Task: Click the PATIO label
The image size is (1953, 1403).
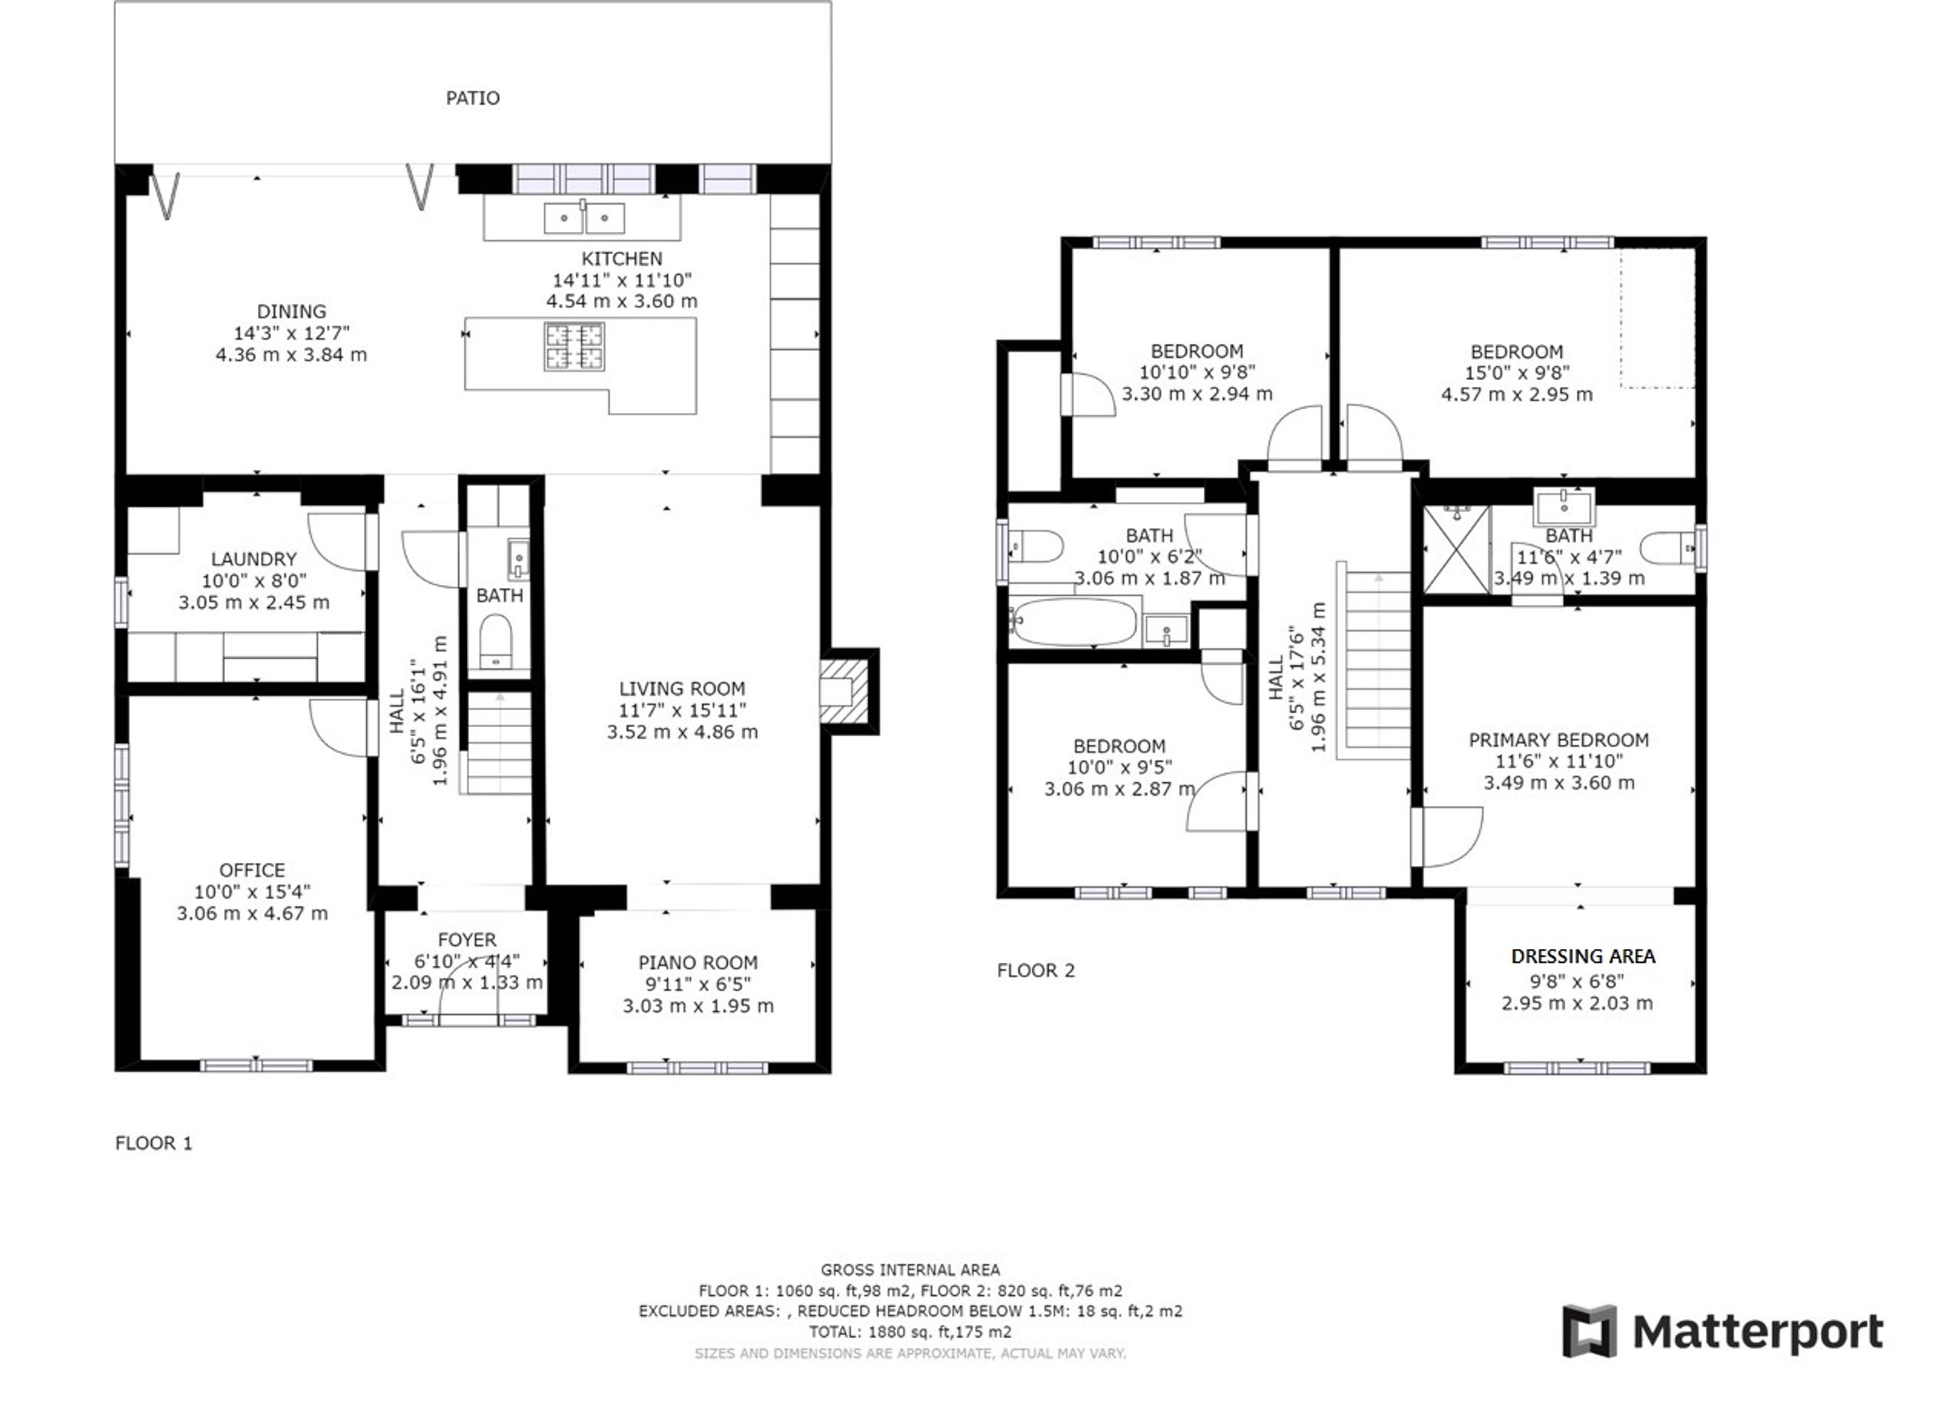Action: pyautogui.click(x=473, y=98)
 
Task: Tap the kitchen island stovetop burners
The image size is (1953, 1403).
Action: pyautogui.click(x=574, y=346)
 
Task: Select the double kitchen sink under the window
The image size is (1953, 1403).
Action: pyautogui.click(x=584, y=218)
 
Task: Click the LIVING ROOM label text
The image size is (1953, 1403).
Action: pyautogui.click(x=682, y=689)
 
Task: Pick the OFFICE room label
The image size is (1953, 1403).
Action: pyautogui.click(x=252, y=870)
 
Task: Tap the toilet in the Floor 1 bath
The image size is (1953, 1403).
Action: pyautogui.click(x=495, y=641)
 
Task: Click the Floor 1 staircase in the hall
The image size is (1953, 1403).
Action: pyautogui.click(x=499, y=742)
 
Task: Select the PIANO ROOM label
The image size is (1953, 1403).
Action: pyautogui.click(x=697, y=963)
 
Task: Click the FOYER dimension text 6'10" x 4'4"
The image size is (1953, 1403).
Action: pyautogui.click(x=467, y=961)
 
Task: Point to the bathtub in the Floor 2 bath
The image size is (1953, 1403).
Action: pyautogui.click(x=1074, y=622)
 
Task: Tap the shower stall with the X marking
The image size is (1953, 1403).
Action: pyautogui.click(x=1456, y=549)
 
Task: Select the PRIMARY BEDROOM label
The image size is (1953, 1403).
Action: pyautogui.click(x=1559, y=740)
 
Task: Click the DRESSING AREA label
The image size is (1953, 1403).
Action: pyautogui.click(x=1583, y=956)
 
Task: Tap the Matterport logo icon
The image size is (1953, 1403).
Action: pyautogui.click(x=1590, y=1331)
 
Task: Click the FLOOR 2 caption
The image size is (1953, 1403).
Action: pyautogui.click(x=1036, y=970)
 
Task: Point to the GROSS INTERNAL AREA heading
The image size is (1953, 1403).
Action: pyautogui.click(x=910, y=1269)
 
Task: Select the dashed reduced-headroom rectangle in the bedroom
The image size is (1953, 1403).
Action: pyautogui.click(x=1658, y=319)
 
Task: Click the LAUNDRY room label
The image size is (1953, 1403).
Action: pyautogui.click(x=253, y=559)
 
